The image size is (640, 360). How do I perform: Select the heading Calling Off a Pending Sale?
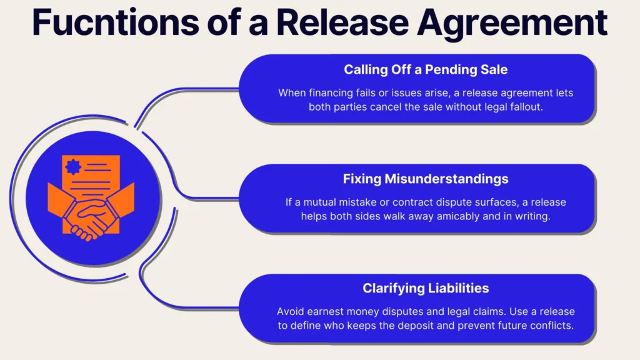pyautogui.click(x=426, y=69)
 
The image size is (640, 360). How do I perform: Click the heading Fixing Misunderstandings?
pyautogui.click(x=426, y=179)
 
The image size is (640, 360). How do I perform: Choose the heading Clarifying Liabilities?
pyautogui.click(x=426, y=288)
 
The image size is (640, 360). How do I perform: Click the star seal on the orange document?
pyautogui.click(x=73, y=168)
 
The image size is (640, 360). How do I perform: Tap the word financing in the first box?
pyautogui.click(x=334, y=92)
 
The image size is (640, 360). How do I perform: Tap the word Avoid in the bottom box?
pyautogui.click(x=290, y=311)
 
